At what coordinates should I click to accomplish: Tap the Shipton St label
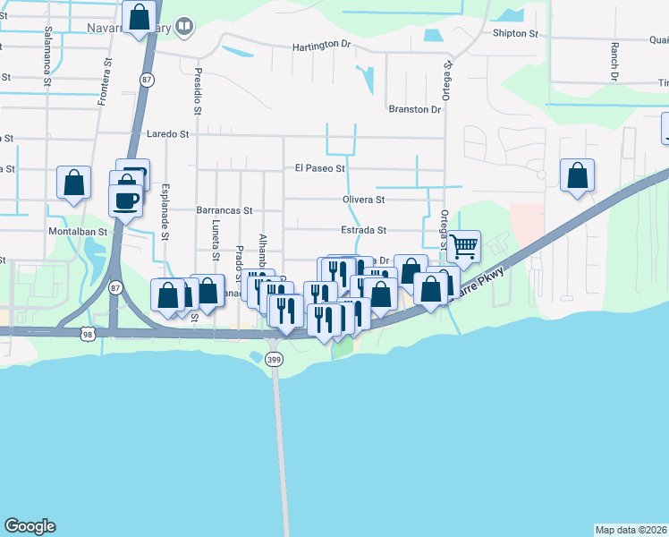coord(515,34)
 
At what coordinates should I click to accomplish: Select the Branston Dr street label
coord(415,109)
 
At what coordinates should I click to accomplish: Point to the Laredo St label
coord(169,134)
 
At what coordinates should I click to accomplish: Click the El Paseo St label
coord(319,168)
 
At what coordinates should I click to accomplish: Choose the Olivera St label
coord(362,200)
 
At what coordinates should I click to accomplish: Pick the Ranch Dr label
coord(614,62)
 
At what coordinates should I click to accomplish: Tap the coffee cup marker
coord(125,198)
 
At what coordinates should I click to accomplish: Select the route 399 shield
coord(275,359)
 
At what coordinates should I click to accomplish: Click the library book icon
coord(183,27)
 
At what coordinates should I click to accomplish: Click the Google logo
coord(30,526)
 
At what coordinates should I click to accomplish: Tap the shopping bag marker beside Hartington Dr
coord(140,17)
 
